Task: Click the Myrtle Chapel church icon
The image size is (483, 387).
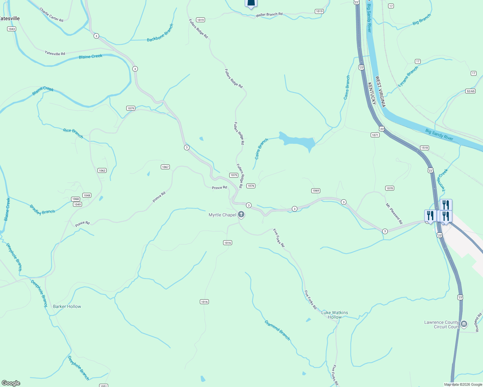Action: pyautogui.click(x=241, y=214)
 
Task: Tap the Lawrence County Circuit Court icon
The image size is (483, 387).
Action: pyautogui.click(x=464, y=324)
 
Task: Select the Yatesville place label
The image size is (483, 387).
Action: pyautogui.click(x=9, y=18)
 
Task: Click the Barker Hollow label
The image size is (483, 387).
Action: pyautogui.click(x=67, y=306)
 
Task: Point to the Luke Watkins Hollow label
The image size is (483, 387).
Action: pyautogui.click(x=335, y=315)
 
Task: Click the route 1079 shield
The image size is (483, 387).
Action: pyautogui.click(x=130, y=108)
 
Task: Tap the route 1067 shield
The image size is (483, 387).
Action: pyautogui.click(x=165, y=167)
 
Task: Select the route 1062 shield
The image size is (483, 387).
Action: pyautogui.click(x=102, y=171)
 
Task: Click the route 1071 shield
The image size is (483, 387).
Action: pyautogui.click(x=375, y=135)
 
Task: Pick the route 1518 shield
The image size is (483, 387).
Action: pyautogui.click(x=424, y=148)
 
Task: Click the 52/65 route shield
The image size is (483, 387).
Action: pyautogui.click(x=470, y=91)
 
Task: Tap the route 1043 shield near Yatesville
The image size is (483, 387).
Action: pyautogui.click(x=12, y=29)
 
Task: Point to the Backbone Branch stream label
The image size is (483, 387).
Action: pyautogui.click(x=160, y=33)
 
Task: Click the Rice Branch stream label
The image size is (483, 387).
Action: pyautogui.click(x=73, y=133)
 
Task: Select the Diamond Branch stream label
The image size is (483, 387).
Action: pyautogui.click(x=277, y=330)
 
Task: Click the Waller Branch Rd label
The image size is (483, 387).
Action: pyautogui.click(x=269, y=15)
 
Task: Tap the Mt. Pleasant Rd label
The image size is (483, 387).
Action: pyautogui.click(x=394, y=213)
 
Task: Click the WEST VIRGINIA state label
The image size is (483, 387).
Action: pyautogui.click(x=380, y=92)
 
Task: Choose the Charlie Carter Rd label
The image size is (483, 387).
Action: pyautogui.click(x=51, y=15)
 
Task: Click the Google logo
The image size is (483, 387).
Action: pyautogui.click(x=11, y=383)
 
